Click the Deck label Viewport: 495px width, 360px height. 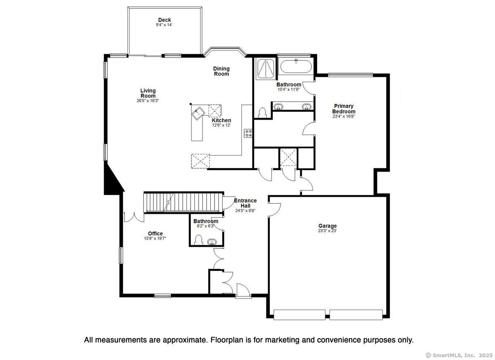tap(165, 20)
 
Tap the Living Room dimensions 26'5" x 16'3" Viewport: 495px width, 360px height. tap(148, 101)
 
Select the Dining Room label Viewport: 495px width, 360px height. tap(221, 71)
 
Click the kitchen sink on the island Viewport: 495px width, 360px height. tap(198, 114)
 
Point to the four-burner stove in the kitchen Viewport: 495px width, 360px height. tap(248, 133)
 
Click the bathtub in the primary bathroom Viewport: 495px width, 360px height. tap(296, 66)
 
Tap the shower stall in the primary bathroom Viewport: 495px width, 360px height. tap(266, 69)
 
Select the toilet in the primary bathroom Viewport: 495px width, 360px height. tap(262, 113)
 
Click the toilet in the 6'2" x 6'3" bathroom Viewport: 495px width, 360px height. tap(199, 240)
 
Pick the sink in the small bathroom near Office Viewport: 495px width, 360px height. tap(212, 242)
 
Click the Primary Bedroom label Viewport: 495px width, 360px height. tap(344, 109)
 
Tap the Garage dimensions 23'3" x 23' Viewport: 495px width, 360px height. tap(327, 231)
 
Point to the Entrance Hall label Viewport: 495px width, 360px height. tap(245, 203)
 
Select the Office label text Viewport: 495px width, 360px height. tap(155, 234)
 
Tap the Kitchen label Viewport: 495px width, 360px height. tap(222, 120)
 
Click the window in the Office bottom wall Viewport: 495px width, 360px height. tap(163, 296)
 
